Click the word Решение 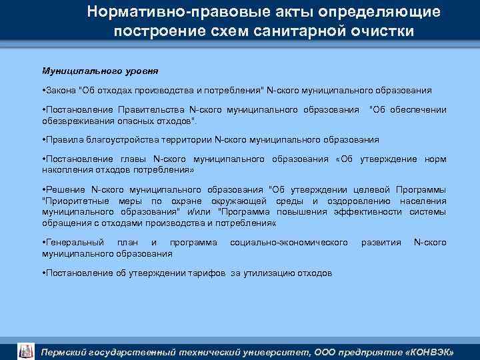click(64, 189)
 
